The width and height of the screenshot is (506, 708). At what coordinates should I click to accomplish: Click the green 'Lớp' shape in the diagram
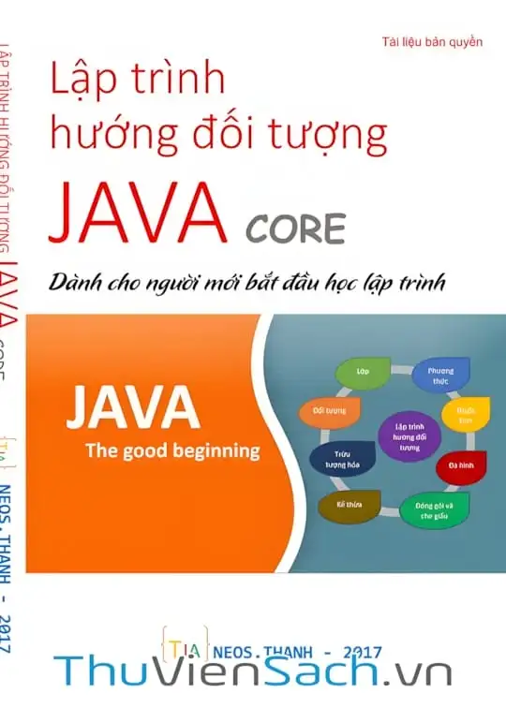(361, 372)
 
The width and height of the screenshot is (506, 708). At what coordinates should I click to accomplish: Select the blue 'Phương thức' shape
(434, 376)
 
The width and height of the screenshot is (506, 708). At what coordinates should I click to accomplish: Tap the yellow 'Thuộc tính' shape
(466, 415)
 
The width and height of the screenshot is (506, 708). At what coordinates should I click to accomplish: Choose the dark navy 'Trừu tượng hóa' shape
(334, 457)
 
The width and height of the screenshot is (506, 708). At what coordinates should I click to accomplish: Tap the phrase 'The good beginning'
(172, 450)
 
